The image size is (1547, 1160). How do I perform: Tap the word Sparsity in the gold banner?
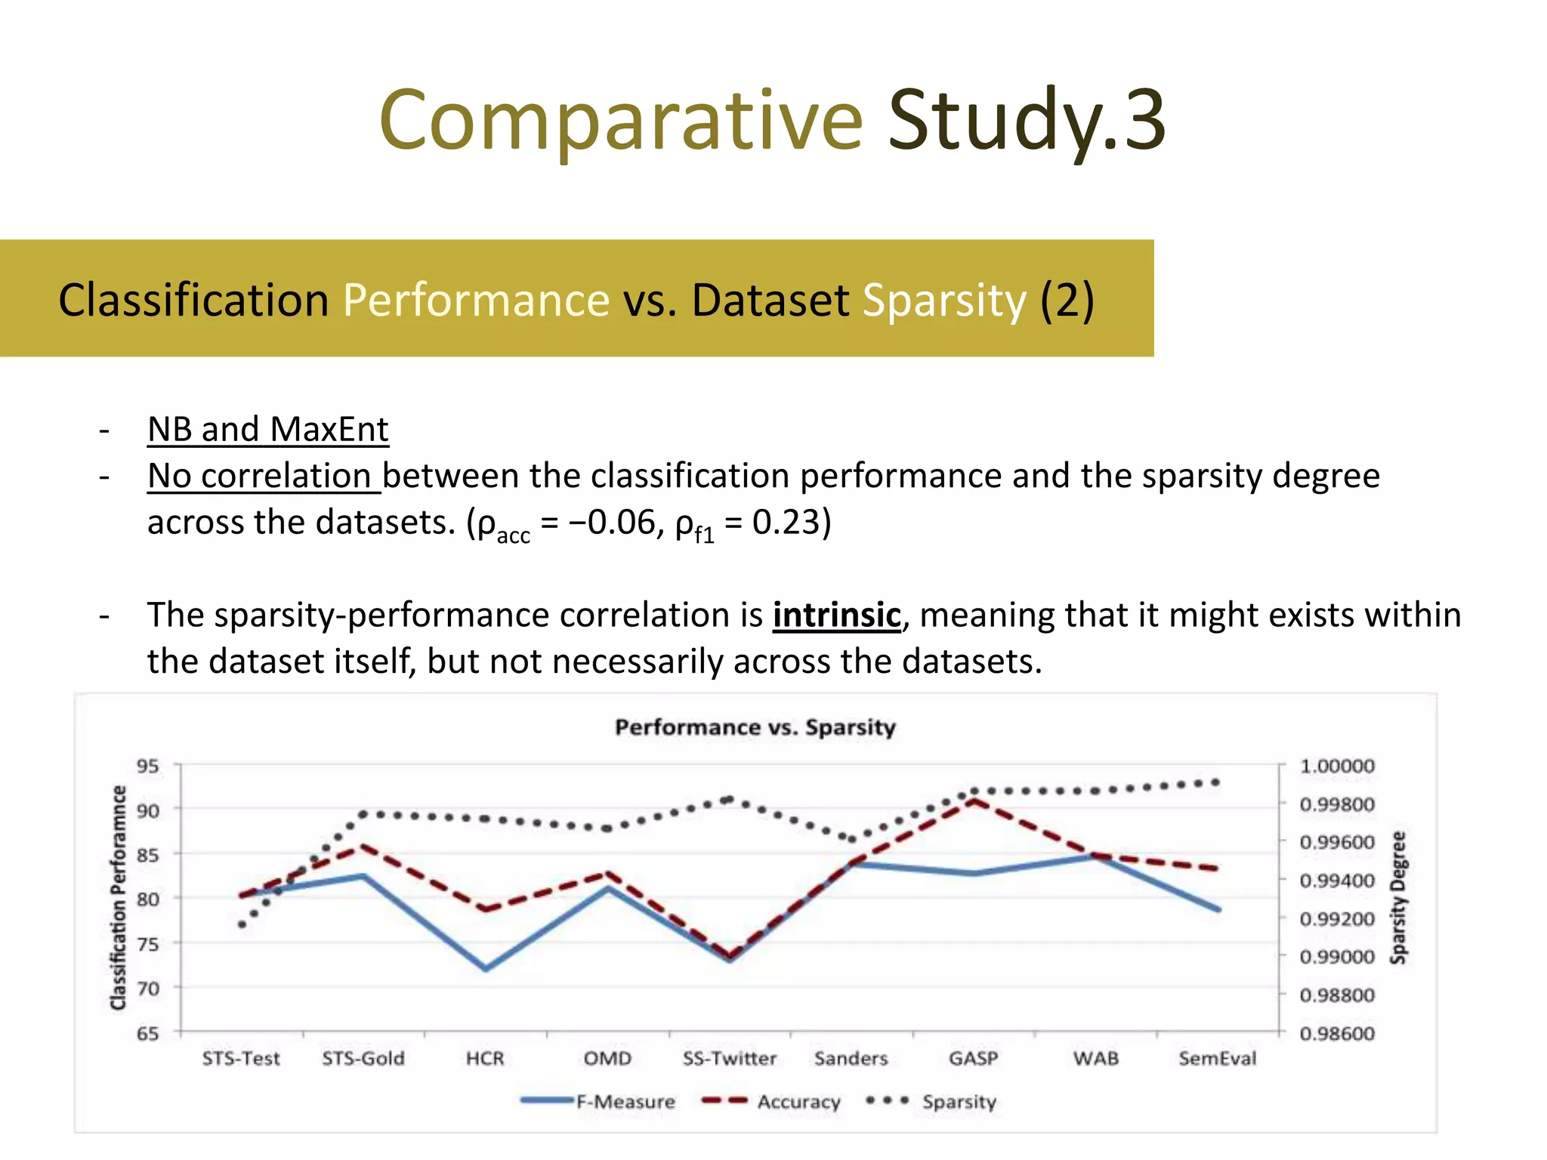point(944,301)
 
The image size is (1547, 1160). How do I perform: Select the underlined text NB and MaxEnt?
point(267,429)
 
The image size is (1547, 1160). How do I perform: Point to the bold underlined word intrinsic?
point(836,615)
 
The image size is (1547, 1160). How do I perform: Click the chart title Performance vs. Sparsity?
point(755,727)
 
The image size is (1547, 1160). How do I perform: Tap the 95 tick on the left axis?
point(147,766)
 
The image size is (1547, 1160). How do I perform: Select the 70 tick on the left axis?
point(147,988)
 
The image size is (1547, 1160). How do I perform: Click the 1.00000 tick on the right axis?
point(1336,766)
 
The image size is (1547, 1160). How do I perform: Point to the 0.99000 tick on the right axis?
point(1336,957)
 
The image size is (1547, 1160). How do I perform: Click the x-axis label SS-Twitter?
point(729,1059)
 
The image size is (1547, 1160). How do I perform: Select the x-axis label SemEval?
point(1217,1059)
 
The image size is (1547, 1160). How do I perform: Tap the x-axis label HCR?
point(484,1059)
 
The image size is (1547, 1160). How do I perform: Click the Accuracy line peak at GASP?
point(974,801)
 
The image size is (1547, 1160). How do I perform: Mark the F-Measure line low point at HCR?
point(485,969)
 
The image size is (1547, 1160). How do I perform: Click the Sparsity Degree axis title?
point(1398,897)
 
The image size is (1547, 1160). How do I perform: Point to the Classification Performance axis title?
point(118,897)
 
